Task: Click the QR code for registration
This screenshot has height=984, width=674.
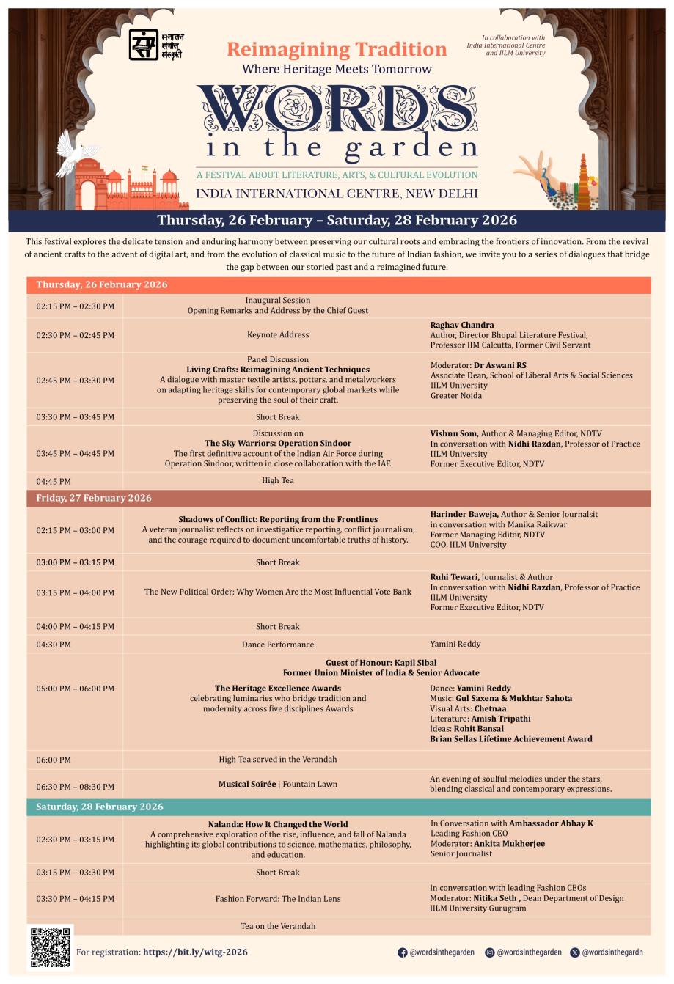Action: tap(51, 947)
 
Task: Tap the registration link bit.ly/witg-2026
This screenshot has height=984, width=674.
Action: tap(195, 952)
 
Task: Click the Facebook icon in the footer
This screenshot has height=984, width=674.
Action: tap(402, 952)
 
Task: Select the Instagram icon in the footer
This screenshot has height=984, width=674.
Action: tap(489, 952)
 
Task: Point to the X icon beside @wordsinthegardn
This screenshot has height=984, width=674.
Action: tap(574, 952)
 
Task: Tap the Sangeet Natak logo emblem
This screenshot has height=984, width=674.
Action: tap(143, 45)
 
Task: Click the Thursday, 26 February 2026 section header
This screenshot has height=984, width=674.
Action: tap(102, 284)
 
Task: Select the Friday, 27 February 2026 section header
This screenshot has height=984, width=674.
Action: tap(94, 498)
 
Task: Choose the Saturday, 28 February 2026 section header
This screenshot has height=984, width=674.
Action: tap(100, 807)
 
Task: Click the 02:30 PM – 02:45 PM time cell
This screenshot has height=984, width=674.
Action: tap(76, 335)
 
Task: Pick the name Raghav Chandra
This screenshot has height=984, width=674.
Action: tap(461, 325)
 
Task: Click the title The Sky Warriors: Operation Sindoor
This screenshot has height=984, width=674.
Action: tap(277, 443)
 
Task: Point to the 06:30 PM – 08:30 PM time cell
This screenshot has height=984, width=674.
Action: tap(76, 787)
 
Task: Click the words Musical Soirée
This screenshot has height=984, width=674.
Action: tap(246, 784)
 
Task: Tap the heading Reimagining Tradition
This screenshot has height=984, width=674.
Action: tap(337, 49)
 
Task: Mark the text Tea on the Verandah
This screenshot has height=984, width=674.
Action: tap(277, 926)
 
